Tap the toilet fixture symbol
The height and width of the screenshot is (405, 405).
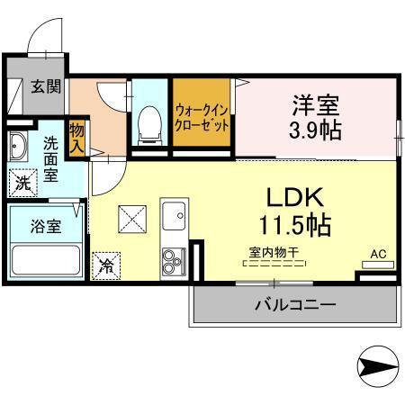point(148,125)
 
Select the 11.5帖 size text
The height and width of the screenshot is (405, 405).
point(293,224)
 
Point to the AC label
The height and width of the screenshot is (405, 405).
point(378,254)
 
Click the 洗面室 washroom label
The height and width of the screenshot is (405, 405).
point(51,157)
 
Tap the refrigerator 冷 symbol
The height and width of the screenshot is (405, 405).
point(105,265)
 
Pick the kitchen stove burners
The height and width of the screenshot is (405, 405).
point(173,261)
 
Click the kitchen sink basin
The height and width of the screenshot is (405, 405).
point(173,217)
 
